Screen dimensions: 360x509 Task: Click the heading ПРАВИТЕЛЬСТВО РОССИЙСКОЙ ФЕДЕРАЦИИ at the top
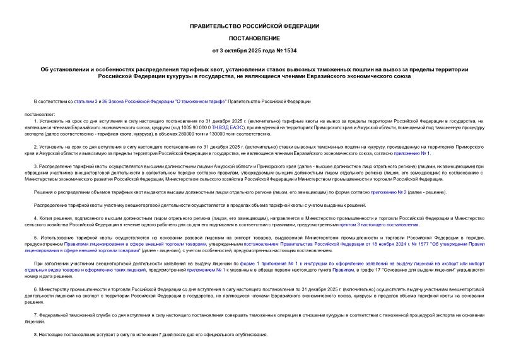[254, 26]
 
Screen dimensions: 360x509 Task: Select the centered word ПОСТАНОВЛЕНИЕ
[254, 37]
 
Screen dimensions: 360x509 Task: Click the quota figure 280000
[189, 133]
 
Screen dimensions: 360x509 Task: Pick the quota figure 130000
[222, 133]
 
